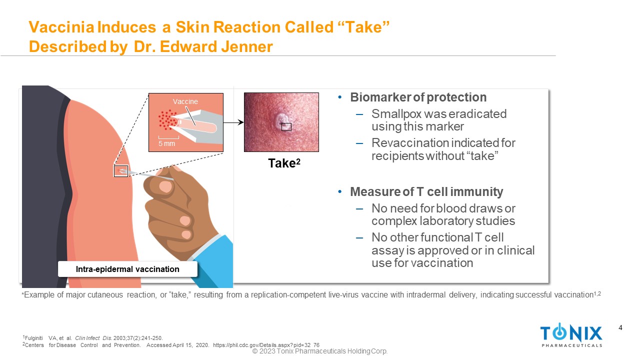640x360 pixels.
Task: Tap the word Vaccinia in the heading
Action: click(61, 27)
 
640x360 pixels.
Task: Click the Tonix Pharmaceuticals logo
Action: click(571, 335)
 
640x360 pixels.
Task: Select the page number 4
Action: click(620, 327)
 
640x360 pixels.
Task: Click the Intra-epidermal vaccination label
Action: click(127, 269)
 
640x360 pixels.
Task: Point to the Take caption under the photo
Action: click(284, 163)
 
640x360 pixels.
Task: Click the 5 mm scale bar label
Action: click(166, 143)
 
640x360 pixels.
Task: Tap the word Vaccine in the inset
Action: click(185, 101)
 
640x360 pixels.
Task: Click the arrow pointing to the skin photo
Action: click(233, 122)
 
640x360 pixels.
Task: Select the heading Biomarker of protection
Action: click(418, 97)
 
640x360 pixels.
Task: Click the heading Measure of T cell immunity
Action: click(426, 191)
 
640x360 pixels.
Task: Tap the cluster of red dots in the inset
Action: click(167, 119)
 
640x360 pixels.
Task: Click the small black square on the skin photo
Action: click(286, 127)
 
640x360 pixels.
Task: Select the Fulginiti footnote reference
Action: click(92, 338)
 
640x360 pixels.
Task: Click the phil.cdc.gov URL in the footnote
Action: click(266, 345)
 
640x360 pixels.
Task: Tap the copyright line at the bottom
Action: click(319, 351)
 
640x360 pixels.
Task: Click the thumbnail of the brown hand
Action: click(165, 187)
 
